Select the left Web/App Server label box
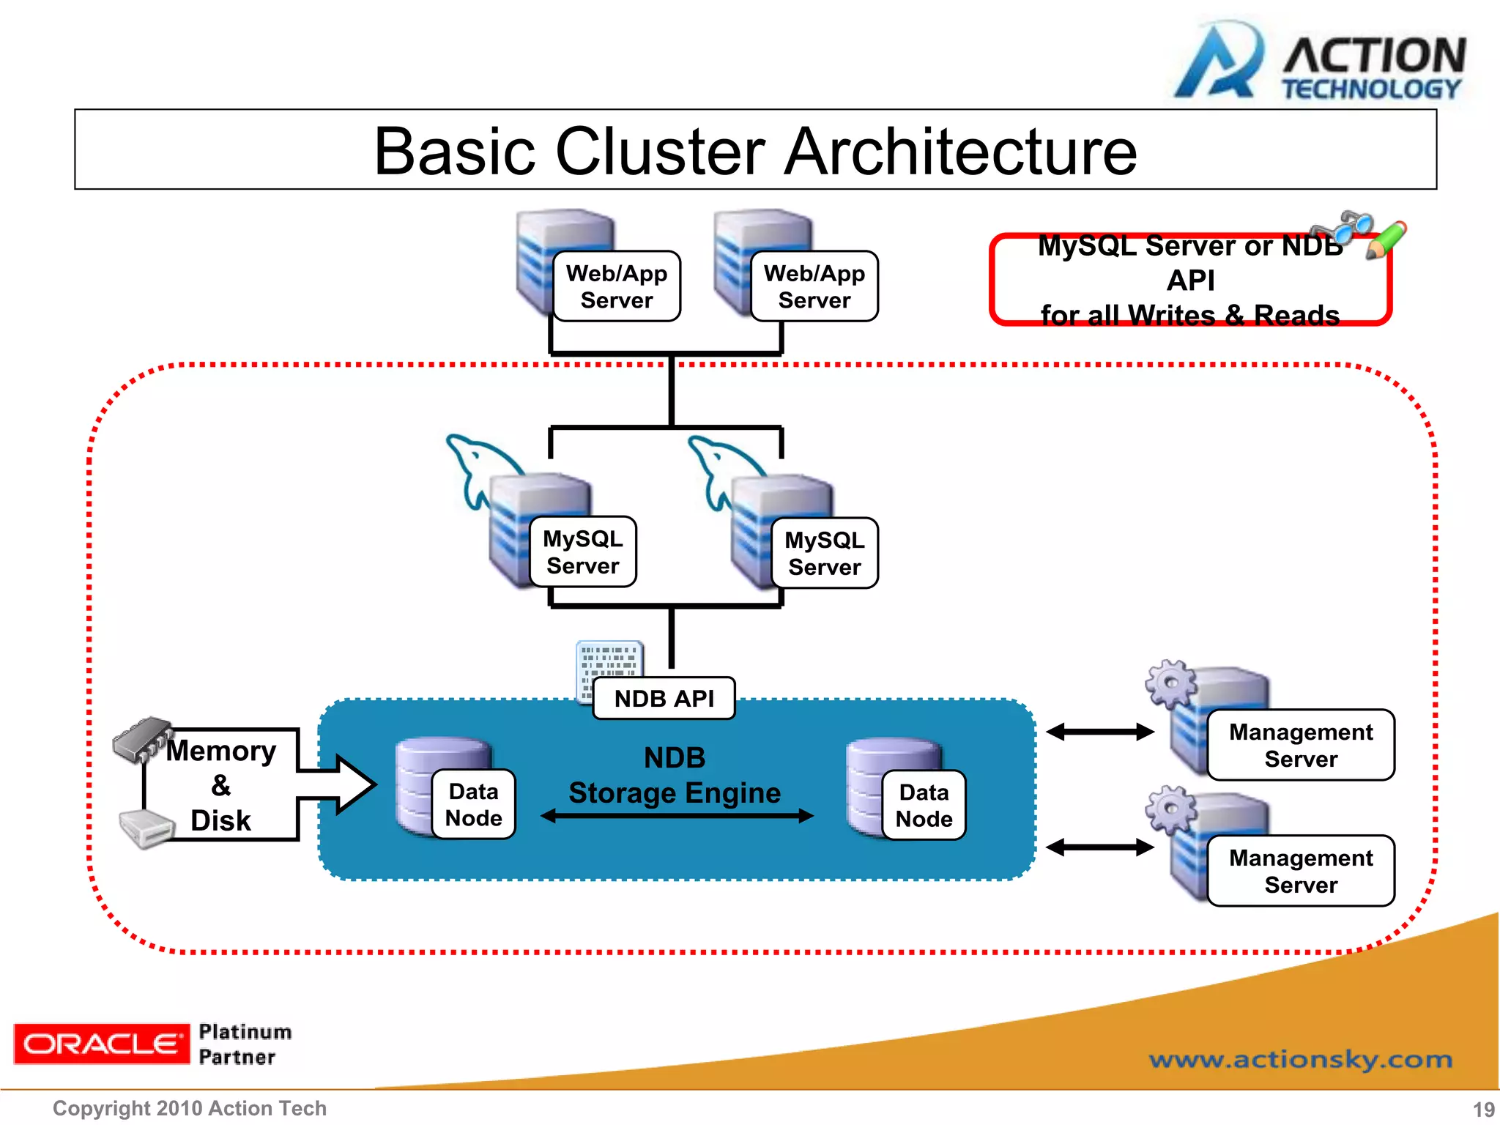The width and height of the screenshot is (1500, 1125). pyautogui.click(x=617, y=286)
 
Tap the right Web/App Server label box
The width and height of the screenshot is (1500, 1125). pyautogui.click(x=814, y=286)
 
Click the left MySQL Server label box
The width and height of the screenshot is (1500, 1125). pyautogui.click(x=583, y=552)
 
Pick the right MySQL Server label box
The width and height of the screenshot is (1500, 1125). pyautogui.click(x=825, y=554)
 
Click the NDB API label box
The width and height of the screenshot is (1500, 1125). pyautogui.click(x=664, y=699)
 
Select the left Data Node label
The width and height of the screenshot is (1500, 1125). pyautogui.click(x=474, y=804)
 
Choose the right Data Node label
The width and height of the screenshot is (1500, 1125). pyautogui.click(x=924, y=805)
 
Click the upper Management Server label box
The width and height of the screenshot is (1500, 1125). pyautogui.click(x=1301, y=745)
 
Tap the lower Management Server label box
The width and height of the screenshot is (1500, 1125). pyautogui.click(x=1301, y=871)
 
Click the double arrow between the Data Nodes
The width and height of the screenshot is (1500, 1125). pyautogui.click(x=677, y=816)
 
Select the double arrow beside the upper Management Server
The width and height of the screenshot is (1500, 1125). pyautogui.click(x=1100, y=732)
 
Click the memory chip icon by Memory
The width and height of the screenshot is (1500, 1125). pyautogui.click(x=141, y=738)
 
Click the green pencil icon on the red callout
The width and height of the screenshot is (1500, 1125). pyautogui.click(x=1386, y=240)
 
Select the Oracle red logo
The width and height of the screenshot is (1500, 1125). pyautogui.click(x=101, y=1044)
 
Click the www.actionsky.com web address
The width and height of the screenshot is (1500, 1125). pyautogui.click(x=1301, y=1059)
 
